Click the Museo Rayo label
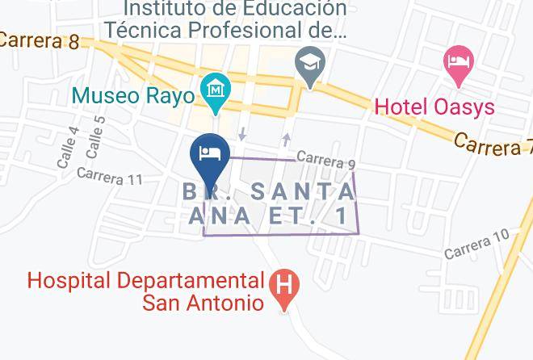coord(132,96)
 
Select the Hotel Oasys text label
coord(434,107)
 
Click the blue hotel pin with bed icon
coord(210,154)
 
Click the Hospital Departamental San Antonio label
coord(146,291)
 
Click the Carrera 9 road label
coord(325,160)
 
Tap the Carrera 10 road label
coord(476,245)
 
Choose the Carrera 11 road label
coord(110,175)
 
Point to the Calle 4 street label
coord(68,148)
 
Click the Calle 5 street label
coord(94,137)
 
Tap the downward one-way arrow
coord(243,132)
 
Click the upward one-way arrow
coord(285,139)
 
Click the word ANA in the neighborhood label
coord(220,216)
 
